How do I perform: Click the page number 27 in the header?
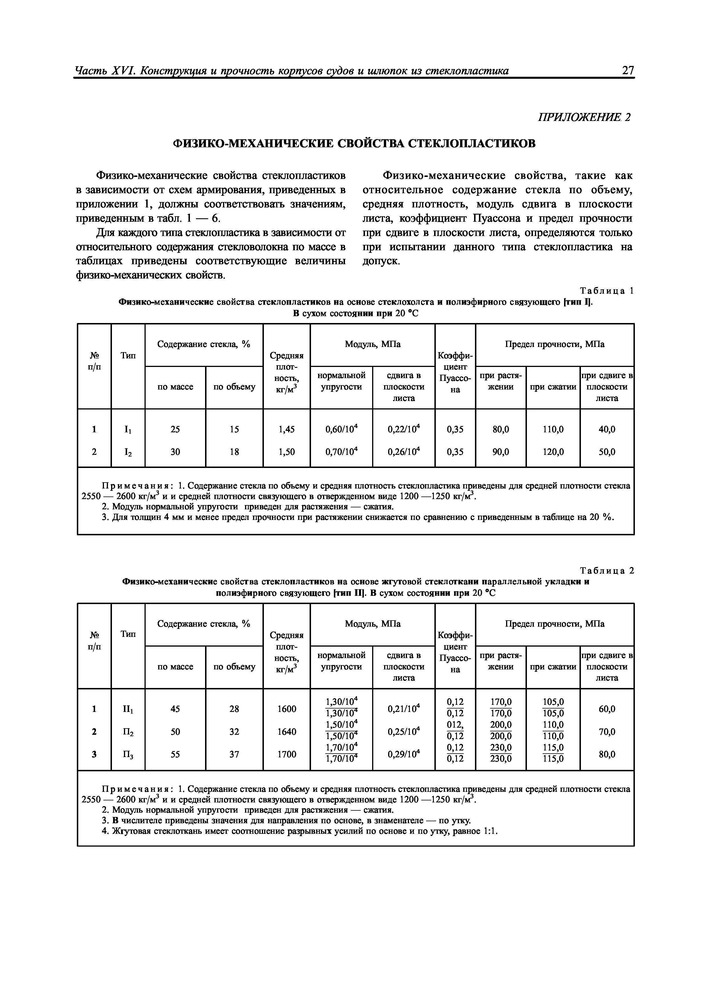point(628,70)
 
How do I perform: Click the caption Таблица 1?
point(606,291)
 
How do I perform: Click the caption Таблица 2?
point(606,571)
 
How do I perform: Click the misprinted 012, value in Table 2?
point(455,724)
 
